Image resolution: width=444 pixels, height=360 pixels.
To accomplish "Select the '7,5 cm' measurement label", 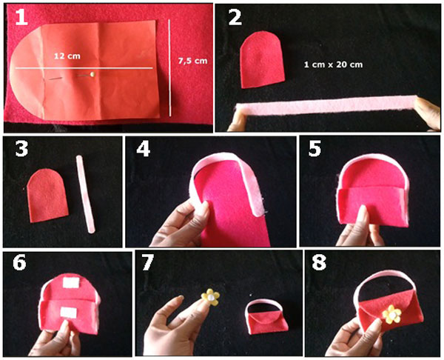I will pos(192,61).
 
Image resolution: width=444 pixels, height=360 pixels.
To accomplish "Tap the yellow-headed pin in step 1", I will pos(90,74).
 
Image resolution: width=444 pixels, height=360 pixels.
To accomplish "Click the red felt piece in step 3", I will pos(47,195).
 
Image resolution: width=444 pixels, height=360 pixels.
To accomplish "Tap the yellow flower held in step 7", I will pos(212,298).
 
